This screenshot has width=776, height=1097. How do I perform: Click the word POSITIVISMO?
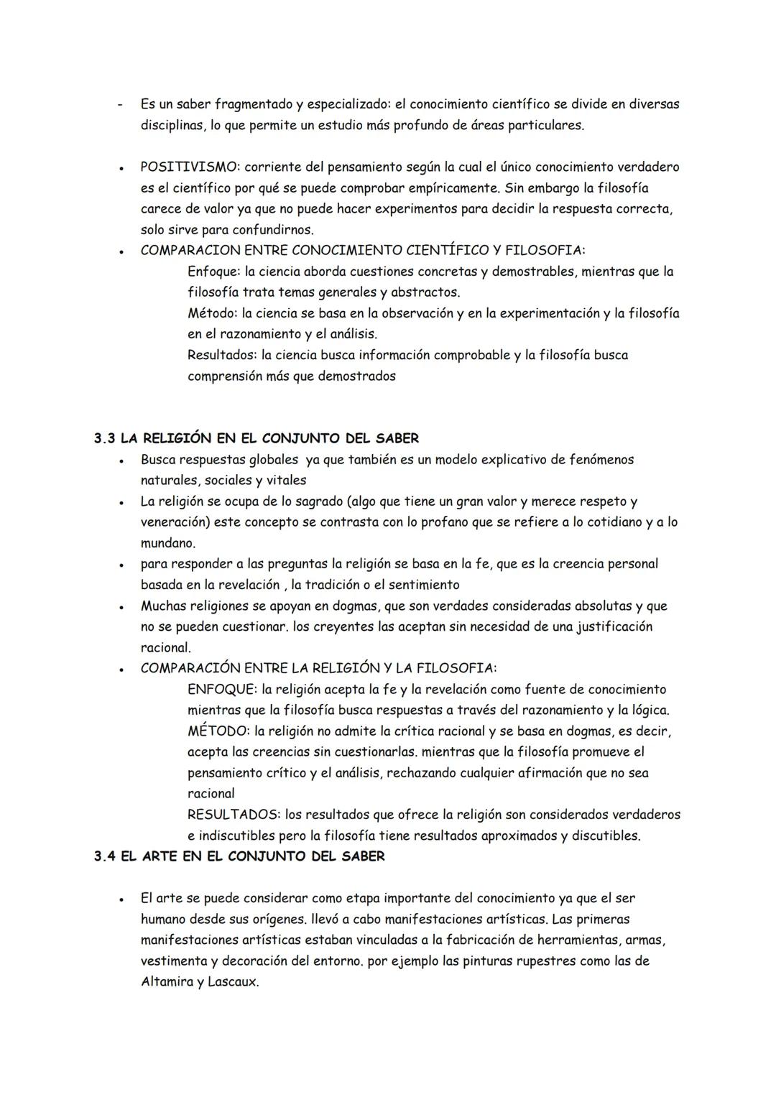[x=189, y=167]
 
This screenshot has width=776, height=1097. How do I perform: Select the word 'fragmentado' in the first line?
[x=252, y=105]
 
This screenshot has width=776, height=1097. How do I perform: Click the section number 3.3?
[x=105, y=438]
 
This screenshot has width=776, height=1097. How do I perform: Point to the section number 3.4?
[x=105, y=856]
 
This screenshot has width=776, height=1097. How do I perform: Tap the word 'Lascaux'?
[x=232, y=981]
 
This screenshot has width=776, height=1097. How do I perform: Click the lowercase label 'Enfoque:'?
[x=213, y=272]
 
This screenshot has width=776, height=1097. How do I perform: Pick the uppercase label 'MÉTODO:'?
[x=217, y=731]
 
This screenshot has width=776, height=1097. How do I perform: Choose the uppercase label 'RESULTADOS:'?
[x=234, y=815]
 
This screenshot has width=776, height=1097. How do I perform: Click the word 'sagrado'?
[x=306, y=501]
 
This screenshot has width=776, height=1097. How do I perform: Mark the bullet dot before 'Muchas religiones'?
[x=124, y=607]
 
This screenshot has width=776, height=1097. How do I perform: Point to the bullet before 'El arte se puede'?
[x=124, y=899]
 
